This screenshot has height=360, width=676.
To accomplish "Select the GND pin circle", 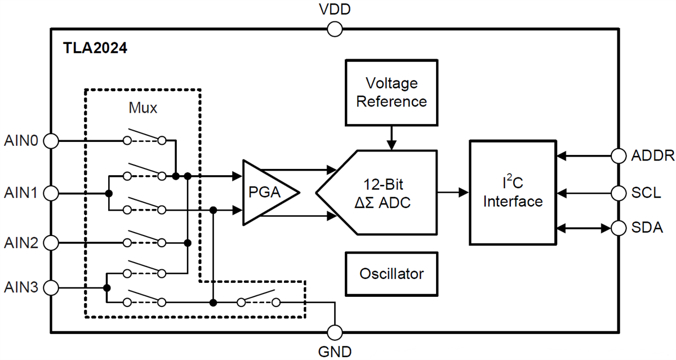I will point(335,332).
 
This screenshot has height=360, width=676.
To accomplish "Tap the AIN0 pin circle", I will point(51,141).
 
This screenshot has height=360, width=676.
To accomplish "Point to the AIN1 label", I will point(21,193).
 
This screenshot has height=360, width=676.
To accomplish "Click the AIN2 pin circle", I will point(51,243).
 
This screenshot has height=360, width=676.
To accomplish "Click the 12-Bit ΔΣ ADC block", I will point(383,193).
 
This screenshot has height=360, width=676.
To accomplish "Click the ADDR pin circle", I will point(619,155).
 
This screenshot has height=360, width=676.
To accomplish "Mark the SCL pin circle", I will point(619,193).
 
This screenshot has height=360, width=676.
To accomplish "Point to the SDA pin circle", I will point(619,228).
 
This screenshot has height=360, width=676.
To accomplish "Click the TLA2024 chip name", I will point(95,48).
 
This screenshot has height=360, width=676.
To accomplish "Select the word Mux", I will point(143,108).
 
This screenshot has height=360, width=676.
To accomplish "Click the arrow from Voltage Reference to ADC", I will point(390,137).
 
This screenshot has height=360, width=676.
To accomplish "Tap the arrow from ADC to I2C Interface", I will point(453,193).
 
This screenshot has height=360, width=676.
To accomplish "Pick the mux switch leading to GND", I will point(259,299).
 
